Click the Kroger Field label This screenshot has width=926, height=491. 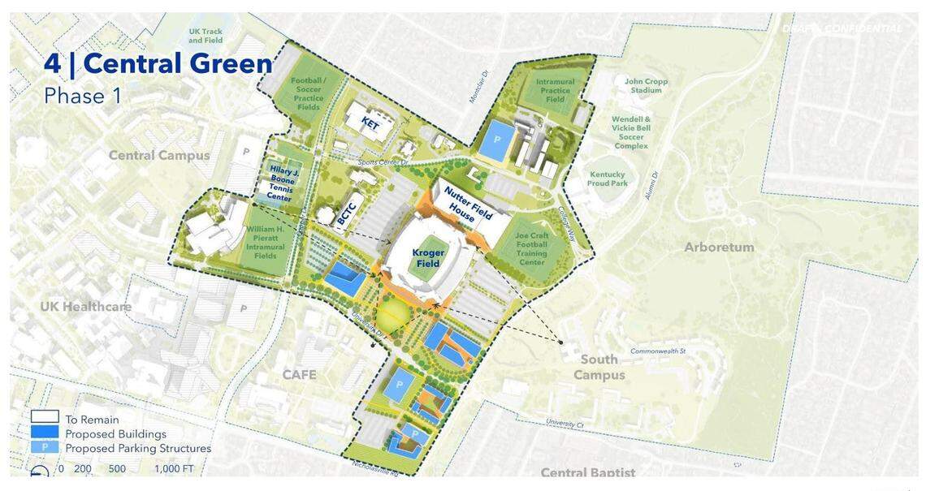click(428, 258)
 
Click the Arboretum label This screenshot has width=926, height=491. click(719, 247)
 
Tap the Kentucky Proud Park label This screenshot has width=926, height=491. click(608, 179)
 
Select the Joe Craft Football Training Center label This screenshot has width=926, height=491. click(532, 249)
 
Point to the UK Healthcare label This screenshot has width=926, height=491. click(85, 306)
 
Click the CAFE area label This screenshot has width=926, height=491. click(298, 374)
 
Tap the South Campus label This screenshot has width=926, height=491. click(599, 367)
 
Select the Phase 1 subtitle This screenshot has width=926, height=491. click(83, 96)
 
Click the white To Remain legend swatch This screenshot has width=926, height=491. click(45, 417)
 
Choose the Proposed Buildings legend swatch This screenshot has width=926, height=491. click(45, 433)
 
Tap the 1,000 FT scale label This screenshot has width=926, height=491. click(174, 469)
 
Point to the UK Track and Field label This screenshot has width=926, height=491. click(206, 36)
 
